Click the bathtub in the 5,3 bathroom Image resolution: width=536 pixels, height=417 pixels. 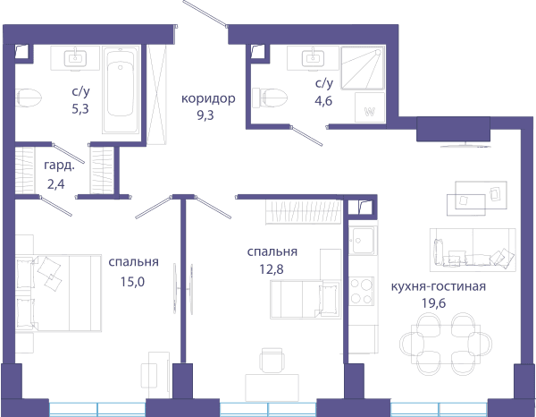[x=121, y=90]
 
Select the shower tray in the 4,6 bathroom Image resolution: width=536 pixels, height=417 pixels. [x=363, y=68]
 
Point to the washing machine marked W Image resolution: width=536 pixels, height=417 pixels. [x=370, y=107]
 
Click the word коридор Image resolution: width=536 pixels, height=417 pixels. [x=208, y=98]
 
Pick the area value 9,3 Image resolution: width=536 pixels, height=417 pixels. [x=205, y=115]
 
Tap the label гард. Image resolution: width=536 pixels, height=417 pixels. [x=59, y=166]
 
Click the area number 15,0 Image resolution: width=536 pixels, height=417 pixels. [x=132, y=282]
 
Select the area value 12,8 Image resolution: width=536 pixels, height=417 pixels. [x=272, y=269]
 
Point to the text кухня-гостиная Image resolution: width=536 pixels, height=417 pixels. [x=439, y=286]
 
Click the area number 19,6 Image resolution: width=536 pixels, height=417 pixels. [x=434, y=303]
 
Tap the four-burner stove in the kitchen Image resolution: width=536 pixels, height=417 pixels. [x=362, y=292]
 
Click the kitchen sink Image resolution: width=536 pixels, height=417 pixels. [x=363, y=241]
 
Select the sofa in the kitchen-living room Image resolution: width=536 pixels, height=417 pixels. [x=473, y=250]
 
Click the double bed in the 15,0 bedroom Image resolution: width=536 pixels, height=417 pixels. [x=58, y=294]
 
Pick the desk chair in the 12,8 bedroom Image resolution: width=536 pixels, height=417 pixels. [x=272, y=360]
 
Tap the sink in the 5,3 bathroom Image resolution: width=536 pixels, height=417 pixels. [x=75, y=58]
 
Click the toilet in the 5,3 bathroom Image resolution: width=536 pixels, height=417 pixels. [x=28, y=98]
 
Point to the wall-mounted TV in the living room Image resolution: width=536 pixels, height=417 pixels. [x=465, y=146]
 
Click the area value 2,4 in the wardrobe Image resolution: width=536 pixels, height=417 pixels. [x=55, y=184]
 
